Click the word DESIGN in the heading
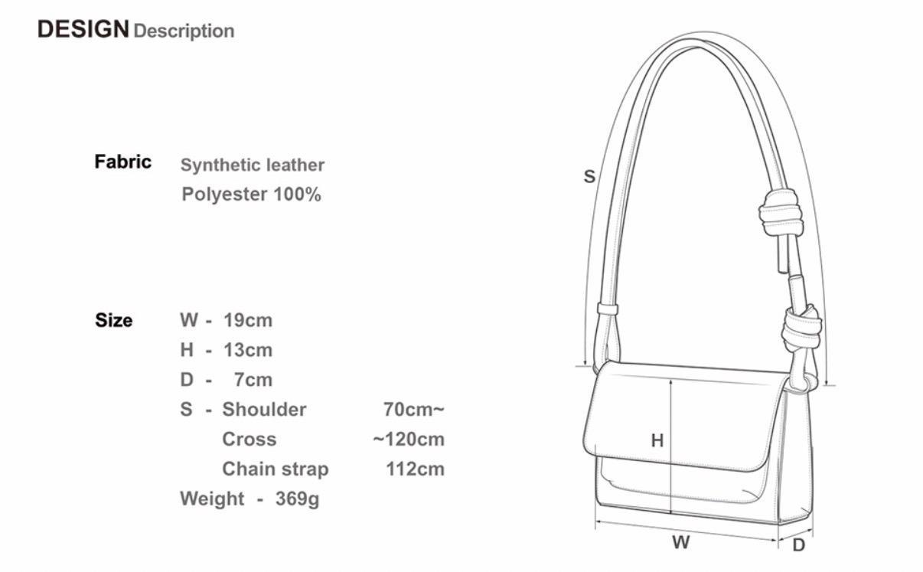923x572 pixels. coord(83,29)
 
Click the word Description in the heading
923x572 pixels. coord(184,31)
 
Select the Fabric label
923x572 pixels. coord(122,162)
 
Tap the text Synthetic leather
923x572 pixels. coord(252,165)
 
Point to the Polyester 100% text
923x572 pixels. coord(251,194)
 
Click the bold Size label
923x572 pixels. coord(114,320)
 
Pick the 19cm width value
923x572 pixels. coord(248,320)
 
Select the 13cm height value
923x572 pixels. coord(248,350)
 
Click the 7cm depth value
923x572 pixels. coord(253,380)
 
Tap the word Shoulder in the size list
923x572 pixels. coord(264,410)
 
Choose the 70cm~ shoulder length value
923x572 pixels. coord(414,410)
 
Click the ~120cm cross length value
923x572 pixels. coord(409,440)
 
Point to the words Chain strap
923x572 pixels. coord(276,469)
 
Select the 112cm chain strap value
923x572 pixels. coord(416,469)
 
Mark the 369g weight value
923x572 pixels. coord(298,499)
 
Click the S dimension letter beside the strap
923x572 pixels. coord(589,177)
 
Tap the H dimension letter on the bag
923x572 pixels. coord(657,441)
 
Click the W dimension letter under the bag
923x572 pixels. coord(680,542)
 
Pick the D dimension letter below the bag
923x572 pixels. coord(799,545)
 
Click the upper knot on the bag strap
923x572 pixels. coord(781,213)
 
